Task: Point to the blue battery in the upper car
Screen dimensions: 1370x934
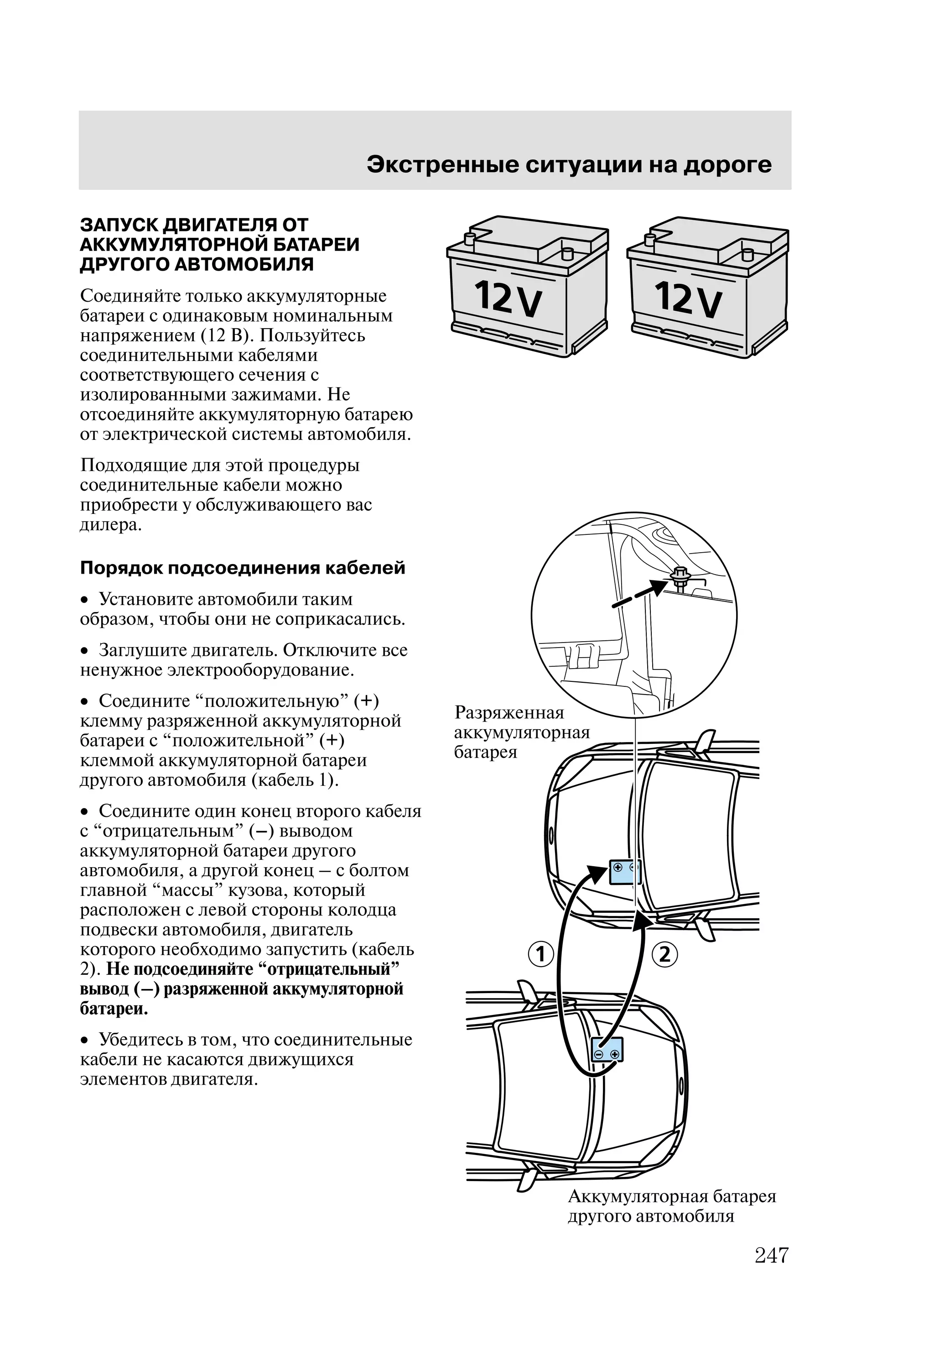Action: click(x=623, y=873)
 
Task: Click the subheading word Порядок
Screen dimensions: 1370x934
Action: click(x=121, y=568)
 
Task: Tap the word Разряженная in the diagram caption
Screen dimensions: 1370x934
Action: click(x=509, y=713)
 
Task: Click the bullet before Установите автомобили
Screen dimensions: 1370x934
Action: click(x=85, y=601)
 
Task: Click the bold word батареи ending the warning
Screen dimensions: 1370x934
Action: click(x=113, y=1009)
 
